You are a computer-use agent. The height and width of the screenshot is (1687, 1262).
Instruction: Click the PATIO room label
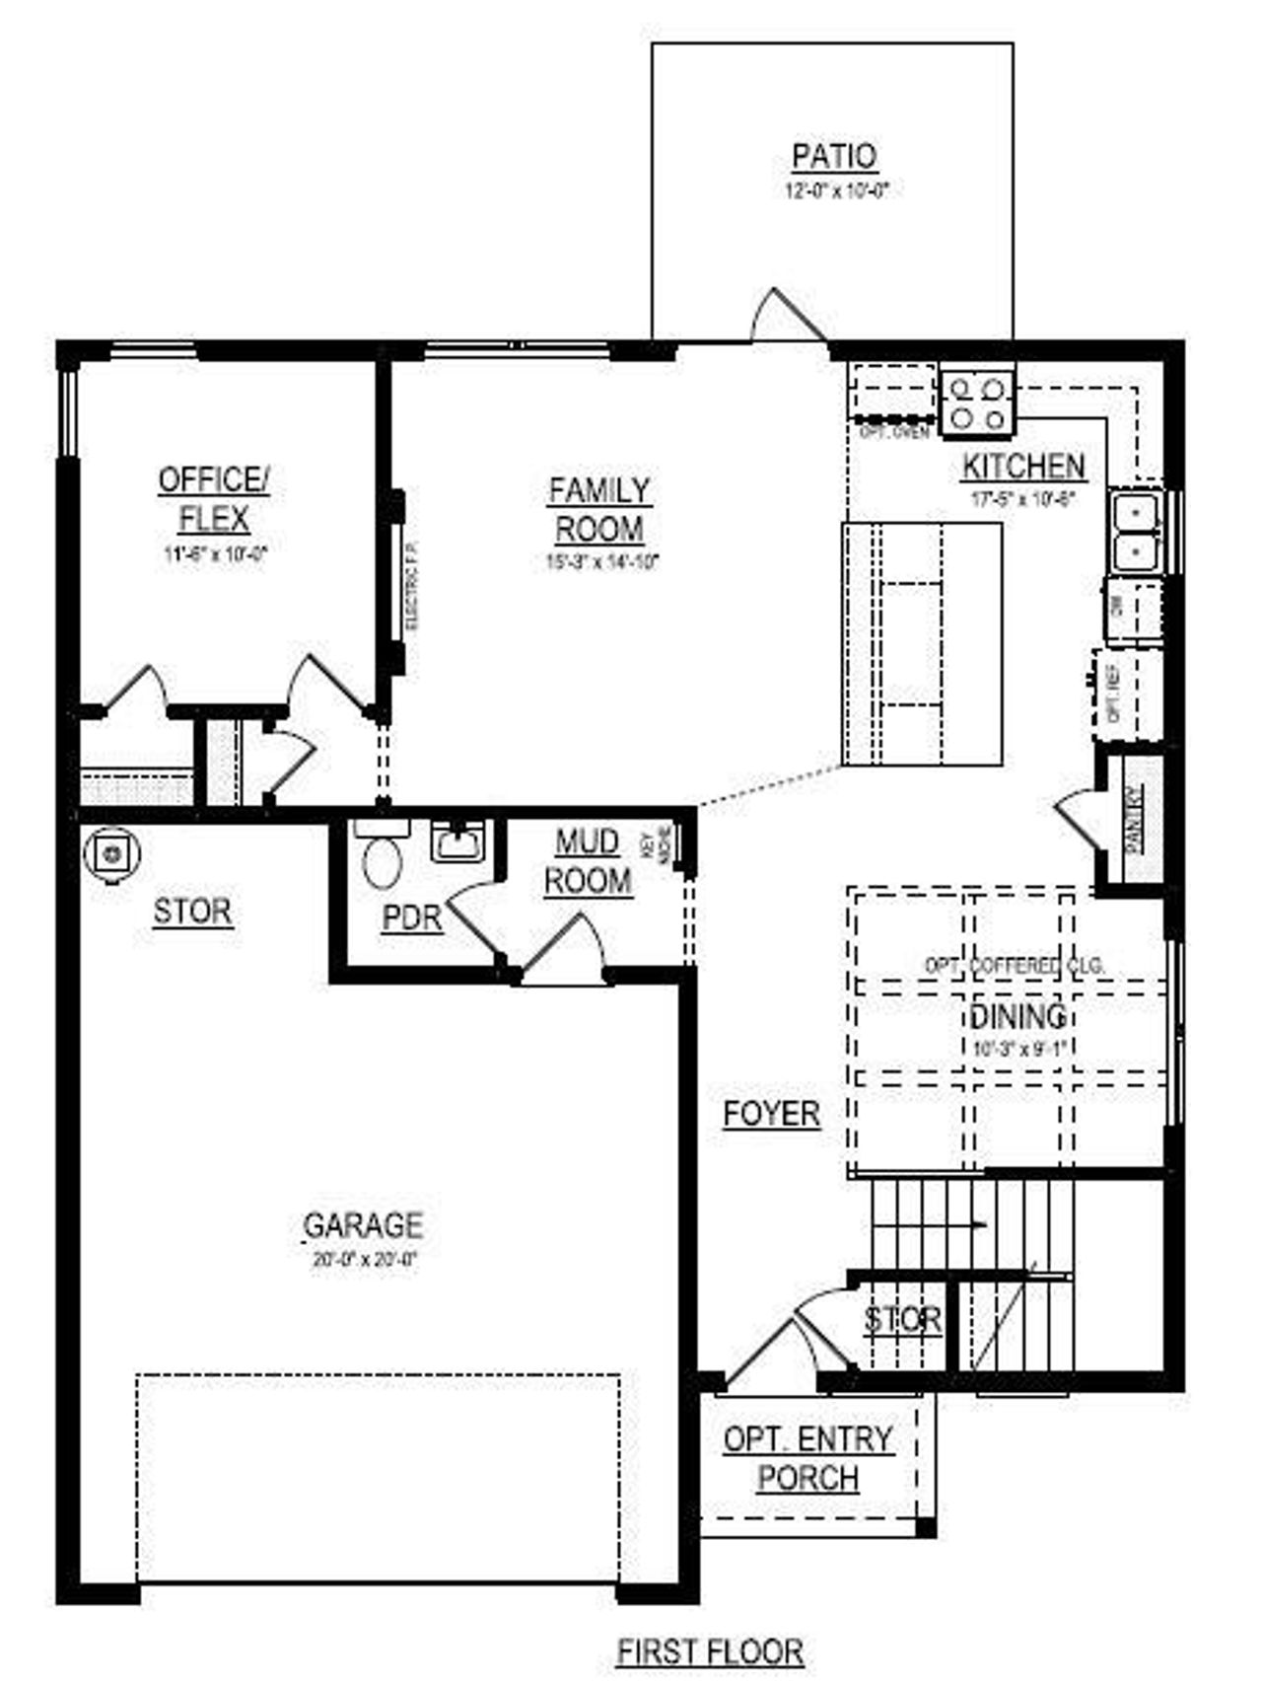833,156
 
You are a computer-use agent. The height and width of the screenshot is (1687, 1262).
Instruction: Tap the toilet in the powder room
382,858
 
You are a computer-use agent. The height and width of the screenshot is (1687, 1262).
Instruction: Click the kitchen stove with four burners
977,403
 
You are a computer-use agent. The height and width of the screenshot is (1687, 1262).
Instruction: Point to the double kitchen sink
1136,532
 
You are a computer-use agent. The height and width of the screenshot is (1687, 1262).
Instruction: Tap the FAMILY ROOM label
599,509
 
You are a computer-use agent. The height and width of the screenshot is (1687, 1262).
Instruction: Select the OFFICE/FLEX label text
214,498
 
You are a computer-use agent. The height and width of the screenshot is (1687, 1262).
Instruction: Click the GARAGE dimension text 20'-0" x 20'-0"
366,1259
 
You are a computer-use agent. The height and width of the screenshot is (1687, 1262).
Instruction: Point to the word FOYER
772,1114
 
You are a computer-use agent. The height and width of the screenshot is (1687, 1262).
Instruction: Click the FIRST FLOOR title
710,1650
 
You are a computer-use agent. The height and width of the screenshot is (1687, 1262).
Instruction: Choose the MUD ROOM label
588,861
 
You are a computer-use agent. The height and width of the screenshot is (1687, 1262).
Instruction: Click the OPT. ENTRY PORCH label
808,1458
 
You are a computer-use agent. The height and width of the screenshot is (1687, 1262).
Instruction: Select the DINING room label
1017,1015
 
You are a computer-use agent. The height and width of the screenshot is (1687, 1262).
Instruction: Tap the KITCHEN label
1023,466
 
